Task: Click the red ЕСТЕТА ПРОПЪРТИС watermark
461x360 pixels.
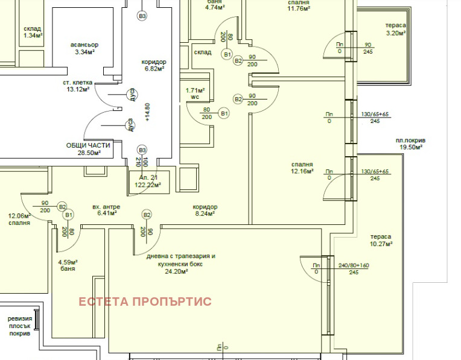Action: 145,302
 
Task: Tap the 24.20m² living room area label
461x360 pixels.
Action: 180,264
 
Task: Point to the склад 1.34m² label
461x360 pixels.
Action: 33,32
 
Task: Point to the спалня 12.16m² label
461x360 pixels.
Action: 300,168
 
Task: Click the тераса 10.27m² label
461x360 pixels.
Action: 381,240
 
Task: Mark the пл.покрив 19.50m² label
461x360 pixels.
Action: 410,144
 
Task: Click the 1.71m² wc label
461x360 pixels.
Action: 195,93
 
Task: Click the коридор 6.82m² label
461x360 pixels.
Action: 153,65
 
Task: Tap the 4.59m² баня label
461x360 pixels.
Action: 68,265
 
